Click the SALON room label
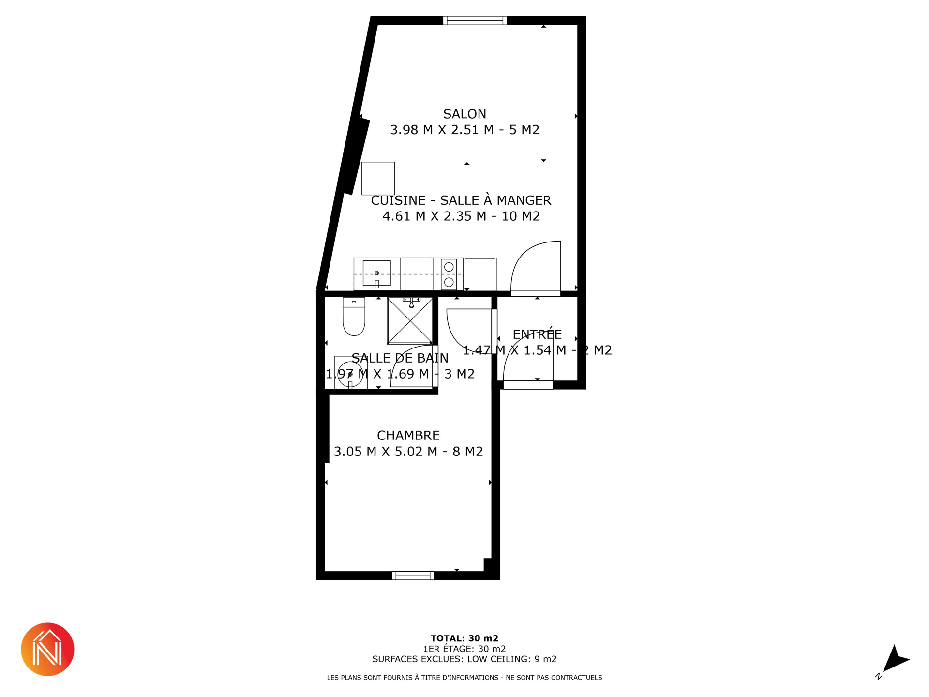(464, 114)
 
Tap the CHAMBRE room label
(408, 436)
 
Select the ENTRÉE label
(537, 334)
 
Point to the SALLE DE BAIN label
(400, 358)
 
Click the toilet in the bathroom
(354, 317)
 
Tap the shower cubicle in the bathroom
(410, 320)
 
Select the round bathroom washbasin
(350, 374)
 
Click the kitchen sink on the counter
(376, 273)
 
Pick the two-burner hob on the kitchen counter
(449, 274)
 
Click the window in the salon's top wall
(475, 20)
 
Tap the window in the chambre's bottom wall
(413, 576)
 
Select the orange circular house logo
(47, 650)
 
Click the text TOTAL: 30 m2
(464, 638)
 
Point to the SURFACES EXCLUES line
(464, 659)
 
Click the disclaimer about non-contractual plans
(464, 678)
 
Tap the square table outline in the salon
(378, 179)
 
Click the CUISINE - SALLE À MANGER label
(461, 200)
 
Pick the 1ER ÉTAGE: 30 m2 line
(464, 649)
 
